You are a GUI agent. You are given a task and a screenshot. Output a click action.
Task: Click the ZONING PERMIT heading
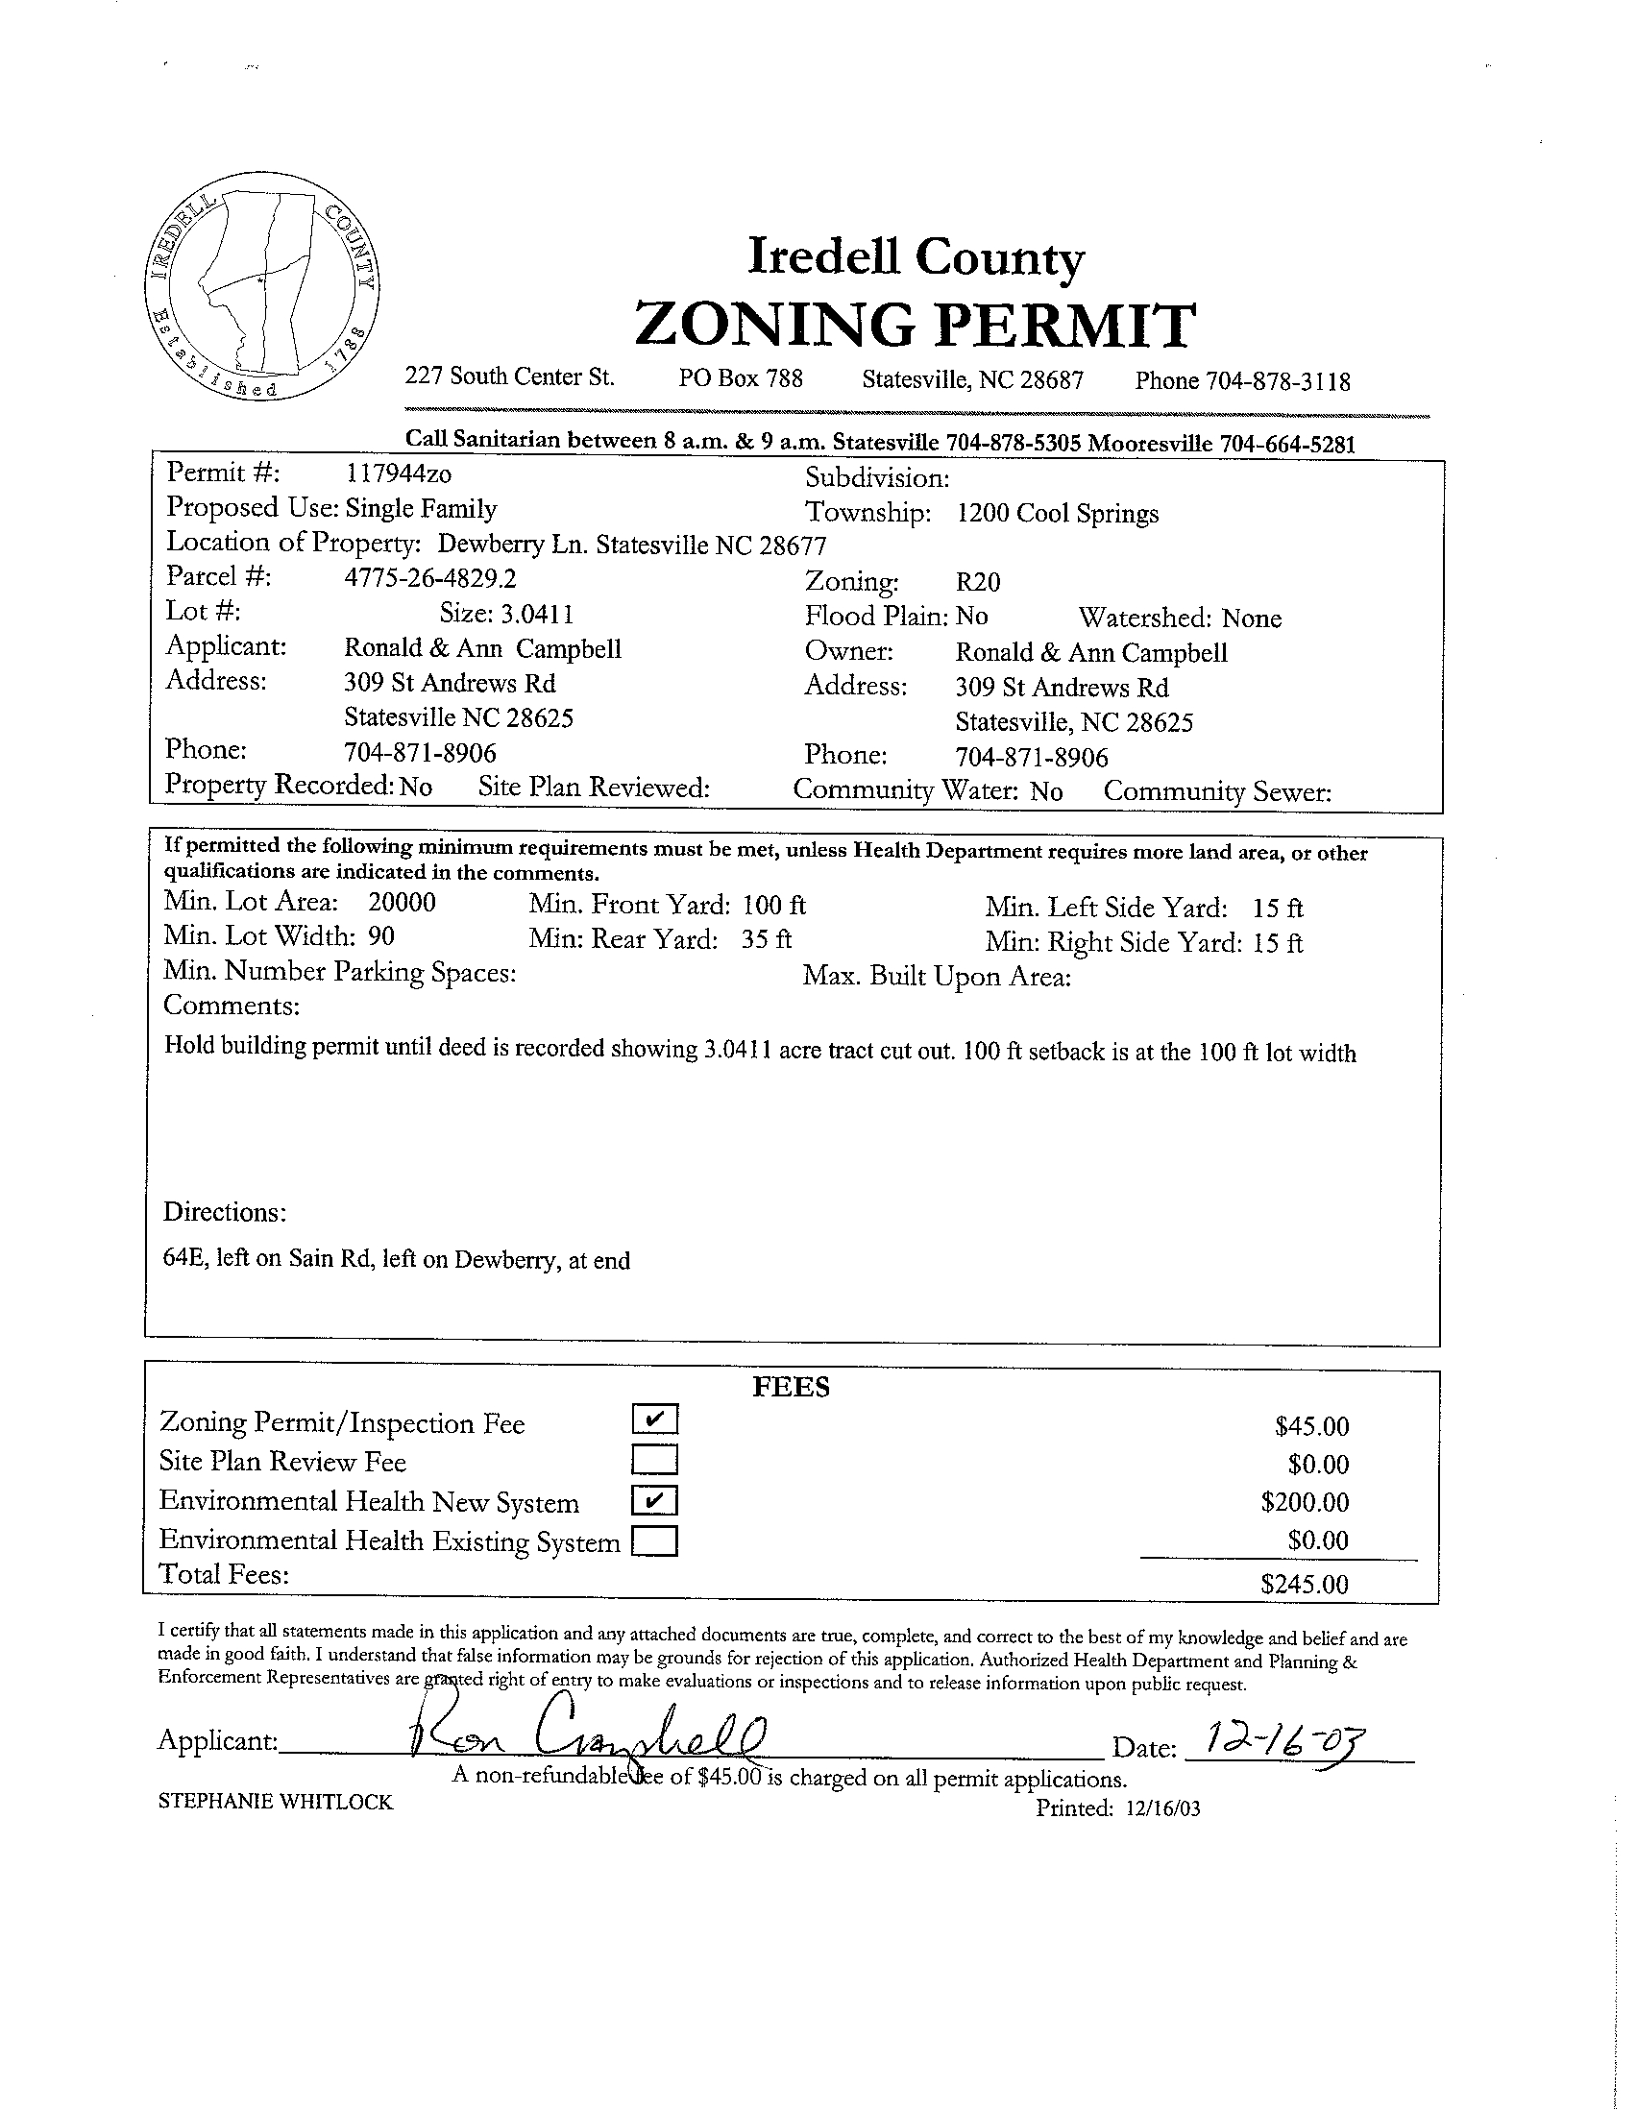(x=916, y=325)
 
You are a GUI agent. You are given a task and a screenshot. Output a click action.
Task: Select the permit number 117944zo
(x=398, y=473)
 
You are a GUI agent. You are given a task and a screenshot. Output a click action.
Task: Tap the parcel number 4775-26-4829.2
(x=431, y=578)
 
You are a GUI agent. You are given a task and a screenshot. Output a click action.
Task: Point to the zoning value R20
(x=978, y=582)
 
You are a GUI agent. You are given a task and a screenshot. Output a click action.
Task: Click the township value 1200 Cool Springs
(x=1057, y=513)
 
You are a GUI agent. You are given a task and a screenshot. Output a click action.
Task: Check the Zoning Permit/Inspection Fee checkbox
(x=655, y=1419)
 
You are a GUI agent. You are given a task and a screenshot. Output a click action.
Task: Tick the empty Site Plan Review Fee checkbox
(x=655, y=1458)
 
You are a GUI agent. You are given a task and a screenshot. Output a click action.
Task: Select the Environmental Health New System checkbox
(x=655, y=1500)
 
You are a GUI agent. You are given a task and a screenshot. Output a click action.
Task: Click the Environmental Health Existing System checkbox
(x=655, y=1540)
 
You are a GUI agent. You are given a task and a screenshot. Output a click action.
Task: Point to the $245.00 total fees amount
(x=1304, y=1584)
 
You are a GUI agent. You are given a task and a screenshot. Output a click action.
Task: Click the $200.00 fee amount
(x=1304, y=1502)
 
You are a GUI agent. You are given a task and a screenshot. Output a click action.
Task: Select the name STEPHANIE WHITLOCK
(x=276, y=1802)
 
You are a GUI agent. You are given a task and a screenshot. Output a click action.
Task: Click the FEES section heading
(x=791, y=1388)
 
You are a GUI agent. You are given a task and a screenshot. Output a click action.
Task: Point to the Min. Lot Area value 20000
(x=402, y=903)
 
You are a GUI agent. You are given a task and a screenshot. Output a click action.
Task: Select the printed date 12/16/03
(x=1162, y=1808)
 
